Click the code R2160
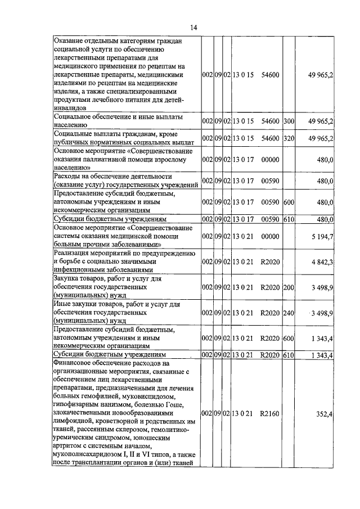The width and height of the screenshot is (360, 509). coord(270,415)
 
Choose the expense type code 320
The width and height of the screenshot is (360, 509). coord(289,138)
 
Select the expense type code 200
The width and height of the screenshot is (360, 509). coord(289,287)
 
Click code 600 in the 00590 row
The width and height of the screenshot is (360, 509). coord(289,202)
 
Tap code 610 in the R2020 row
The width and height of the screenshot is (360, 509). coord(289,355)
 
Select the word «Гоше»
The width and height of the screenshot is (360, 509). coord(180,404)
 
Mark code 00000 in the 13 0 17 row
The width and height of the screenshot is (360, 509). coord(270,160)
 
